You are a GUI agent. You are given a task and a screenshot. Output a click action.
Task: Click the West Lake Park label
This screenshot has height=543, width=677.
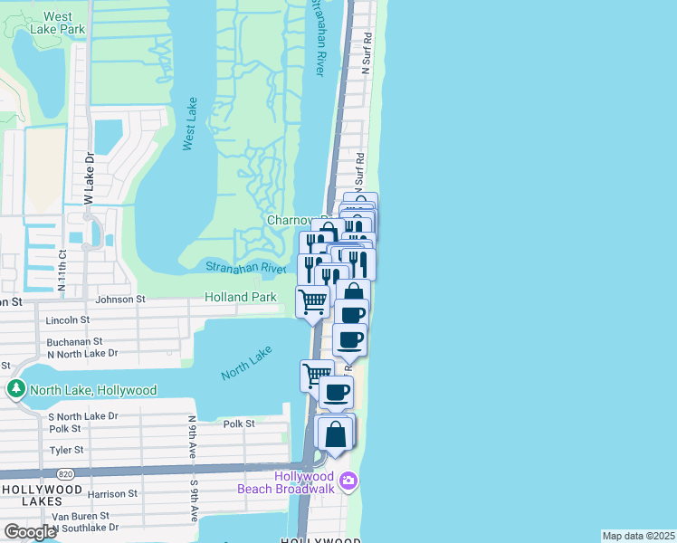58,23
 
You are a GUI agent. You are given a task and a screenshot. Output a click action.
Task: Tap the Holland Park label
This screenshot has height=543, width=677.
241,297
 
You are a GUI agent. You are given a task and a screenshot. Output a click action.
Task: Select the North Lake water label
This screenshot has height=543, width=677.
246,365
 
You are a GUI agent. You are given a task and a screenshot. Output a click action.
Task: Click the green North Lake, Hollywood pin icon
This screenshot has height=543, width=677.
15,390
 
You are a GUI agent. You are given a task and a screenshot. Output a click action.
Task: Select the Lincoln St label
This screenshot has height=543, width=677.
68,319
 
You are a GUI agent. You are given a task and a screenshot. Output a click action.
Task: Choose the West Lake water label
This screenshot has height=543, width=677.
190,124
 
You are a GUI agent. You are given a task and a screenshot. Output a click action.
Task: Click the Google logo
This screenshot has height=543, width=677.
31,532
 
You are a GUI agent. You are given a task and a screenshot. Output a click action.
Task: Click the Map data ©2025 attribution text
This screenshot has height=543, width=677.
637,536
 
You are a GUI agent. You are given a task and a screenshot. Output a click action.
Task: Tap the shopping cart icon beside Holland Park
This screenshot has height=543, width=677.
313,300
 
